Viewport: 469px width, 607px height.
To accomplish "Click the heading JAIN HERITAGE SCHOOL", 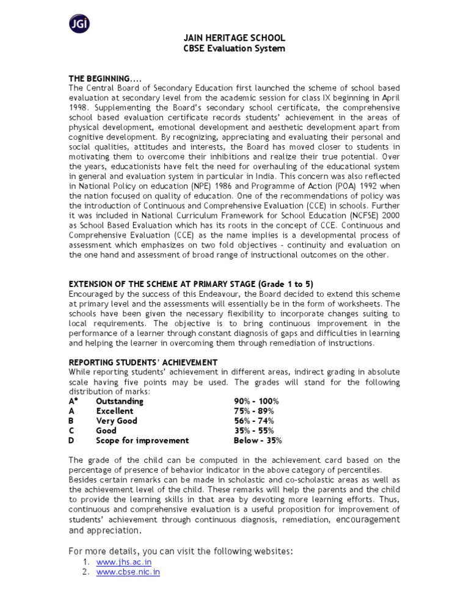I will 234,38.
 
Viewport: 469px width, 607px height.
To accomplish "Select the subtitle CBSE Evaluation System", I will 234,48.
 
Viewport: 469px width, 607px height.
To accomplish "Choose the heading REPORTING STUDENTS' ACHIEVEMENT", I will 143,362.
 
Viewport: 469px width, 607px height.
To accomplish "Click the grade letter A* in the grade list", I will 74,401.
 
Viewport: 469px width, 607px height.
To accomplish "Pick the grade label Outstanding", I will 120,401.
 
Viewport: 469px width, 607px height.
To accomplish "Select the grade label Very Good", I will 117,421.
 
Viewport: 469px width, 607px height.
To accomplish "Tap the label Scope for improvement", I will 142,440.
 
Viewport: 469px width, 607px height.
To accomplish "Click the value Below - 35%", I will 258,440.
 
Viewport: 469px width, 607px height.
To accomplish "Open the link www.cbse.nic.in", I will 128,572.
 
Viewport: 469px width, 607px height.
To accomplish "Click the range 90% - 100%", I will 256,401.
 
